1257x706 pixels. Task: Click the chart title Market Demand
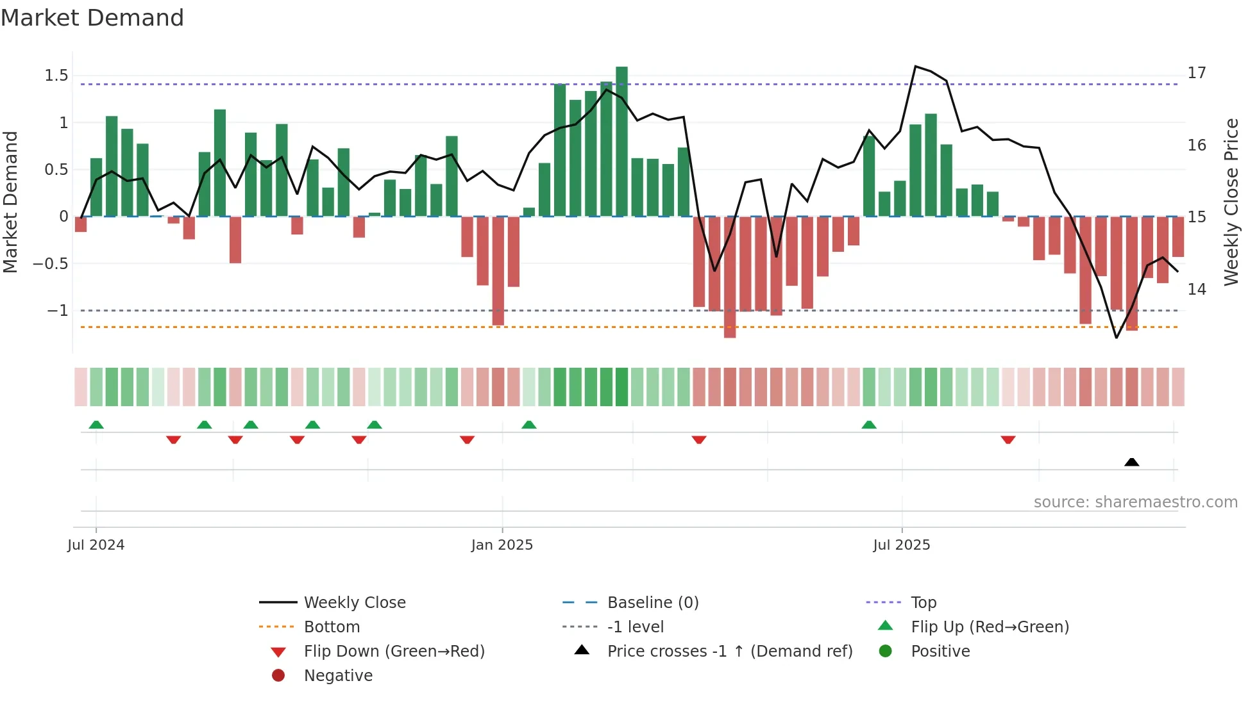click(92, 17)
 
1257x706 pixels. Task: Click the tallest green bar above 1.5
click(621, 141)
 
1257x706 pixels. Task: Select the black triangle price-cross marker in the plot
click(1131, 462)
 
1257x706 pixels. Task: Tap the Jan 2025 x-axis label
click(502, 545)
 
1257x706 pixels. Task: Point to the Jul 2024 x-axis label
click(96, 545)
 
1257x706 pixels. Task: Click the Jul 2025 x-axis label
click(901, 545)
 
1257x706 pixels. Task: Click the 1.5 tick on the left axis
click(56, 76)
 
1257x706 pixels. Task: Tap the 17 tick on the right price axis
click(1196, 73)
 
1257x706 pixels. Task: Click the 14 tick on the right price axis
click(1196, 290)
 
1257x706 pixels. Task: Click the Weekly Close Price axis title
click(1231, 202)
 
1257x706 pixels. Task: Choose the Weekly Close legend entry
click(354, 602)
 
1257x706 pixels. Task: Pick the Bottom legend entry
click(332, 627)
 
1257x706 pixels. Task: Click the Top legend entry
click(924, 602)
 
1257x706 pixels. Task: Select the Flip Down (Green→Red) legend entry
click(394, 651)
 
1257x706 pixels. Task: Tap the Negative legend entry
click(338, 675)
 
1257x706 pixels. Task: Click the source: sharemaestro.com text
click(1135, 502)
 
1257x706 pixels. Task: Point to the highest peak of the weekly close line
click(915, 66)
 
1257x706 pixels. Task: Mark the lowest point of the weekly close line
click(1117, 338)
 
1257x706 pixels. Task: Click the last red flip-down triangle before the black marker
click(1008, 439)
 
